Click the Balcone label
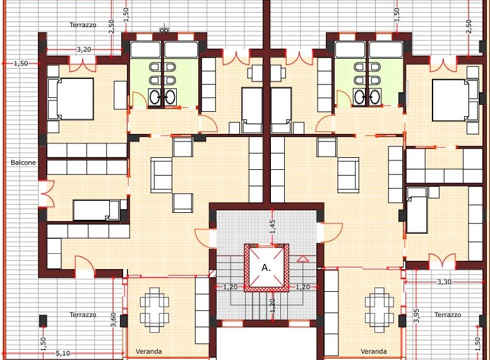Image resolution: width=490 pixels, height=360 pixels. coord(23,162)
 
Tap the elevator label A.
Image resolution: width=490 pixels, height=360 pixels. coord(266,268)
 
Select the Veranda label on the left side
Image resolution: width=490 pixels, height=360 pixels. coord(149,351)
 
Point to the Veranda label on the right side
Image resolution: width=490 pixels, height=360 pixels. coord(374,351)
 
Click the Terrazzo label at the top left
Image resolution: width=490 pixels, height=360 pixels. coord(83,25)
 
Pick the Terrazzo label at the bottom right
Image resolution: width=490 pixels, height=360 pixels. coord(448,315)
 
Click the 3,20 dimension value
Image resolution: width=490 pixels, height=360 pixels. coord(84,49)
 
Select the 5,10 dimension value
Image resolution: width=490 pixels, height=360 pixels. coord(63,354)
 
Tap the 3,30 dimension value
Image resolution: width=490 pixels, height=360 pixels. coord(444,282)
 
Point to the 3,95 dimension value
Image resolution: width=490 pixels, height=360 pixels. coord(417,316)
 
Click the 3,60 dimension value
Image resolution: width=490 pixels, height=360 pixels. coord(114,320)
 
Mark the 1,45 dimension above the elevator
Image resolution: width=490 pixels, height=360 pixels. coord(273,227)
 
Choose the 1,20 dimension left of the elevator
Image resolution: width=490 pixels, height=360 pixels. coord(230,287)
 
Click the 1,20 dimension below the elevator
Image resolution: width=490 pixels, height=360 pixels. coord(273,306)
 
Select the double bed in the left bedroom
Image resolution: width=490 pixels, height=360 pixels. coord(71,99)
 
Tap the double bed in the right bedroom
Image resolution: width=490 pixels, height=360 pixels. coord(455,100)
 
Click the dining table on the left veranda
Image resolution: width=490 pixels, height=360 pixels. coord(154,309)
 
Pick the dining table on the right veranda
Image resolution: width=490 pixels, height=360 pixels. coord(379,309)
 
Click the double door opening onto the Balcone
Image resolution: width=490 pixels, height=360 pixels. coord(47,194)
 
